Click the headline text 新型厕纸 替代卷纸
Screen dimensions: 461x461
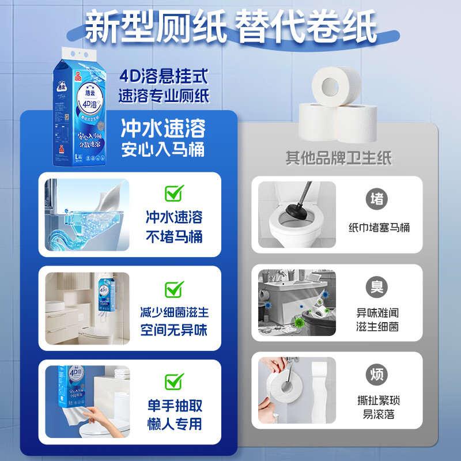tap(231, 25)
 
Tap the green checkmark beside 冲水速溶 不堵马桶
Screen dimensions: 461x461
tap(173, 193)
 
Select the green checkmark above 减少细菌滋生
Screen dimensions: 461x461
tap(173, 289)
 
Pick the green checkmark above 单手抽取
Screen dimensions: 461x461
tap(173, 381)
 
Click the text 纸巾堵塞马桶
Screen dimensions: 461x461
tap(379, 227)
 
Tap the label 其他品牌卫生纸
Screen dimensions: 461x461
tap(338, 158)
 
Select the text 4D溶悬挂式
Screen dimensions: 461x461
tap(163, 76)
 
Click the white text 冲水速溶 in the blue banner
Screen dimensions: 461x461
tap(163, 127)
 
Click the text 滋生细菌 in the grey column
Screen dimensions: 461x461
tap(378, 327)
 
